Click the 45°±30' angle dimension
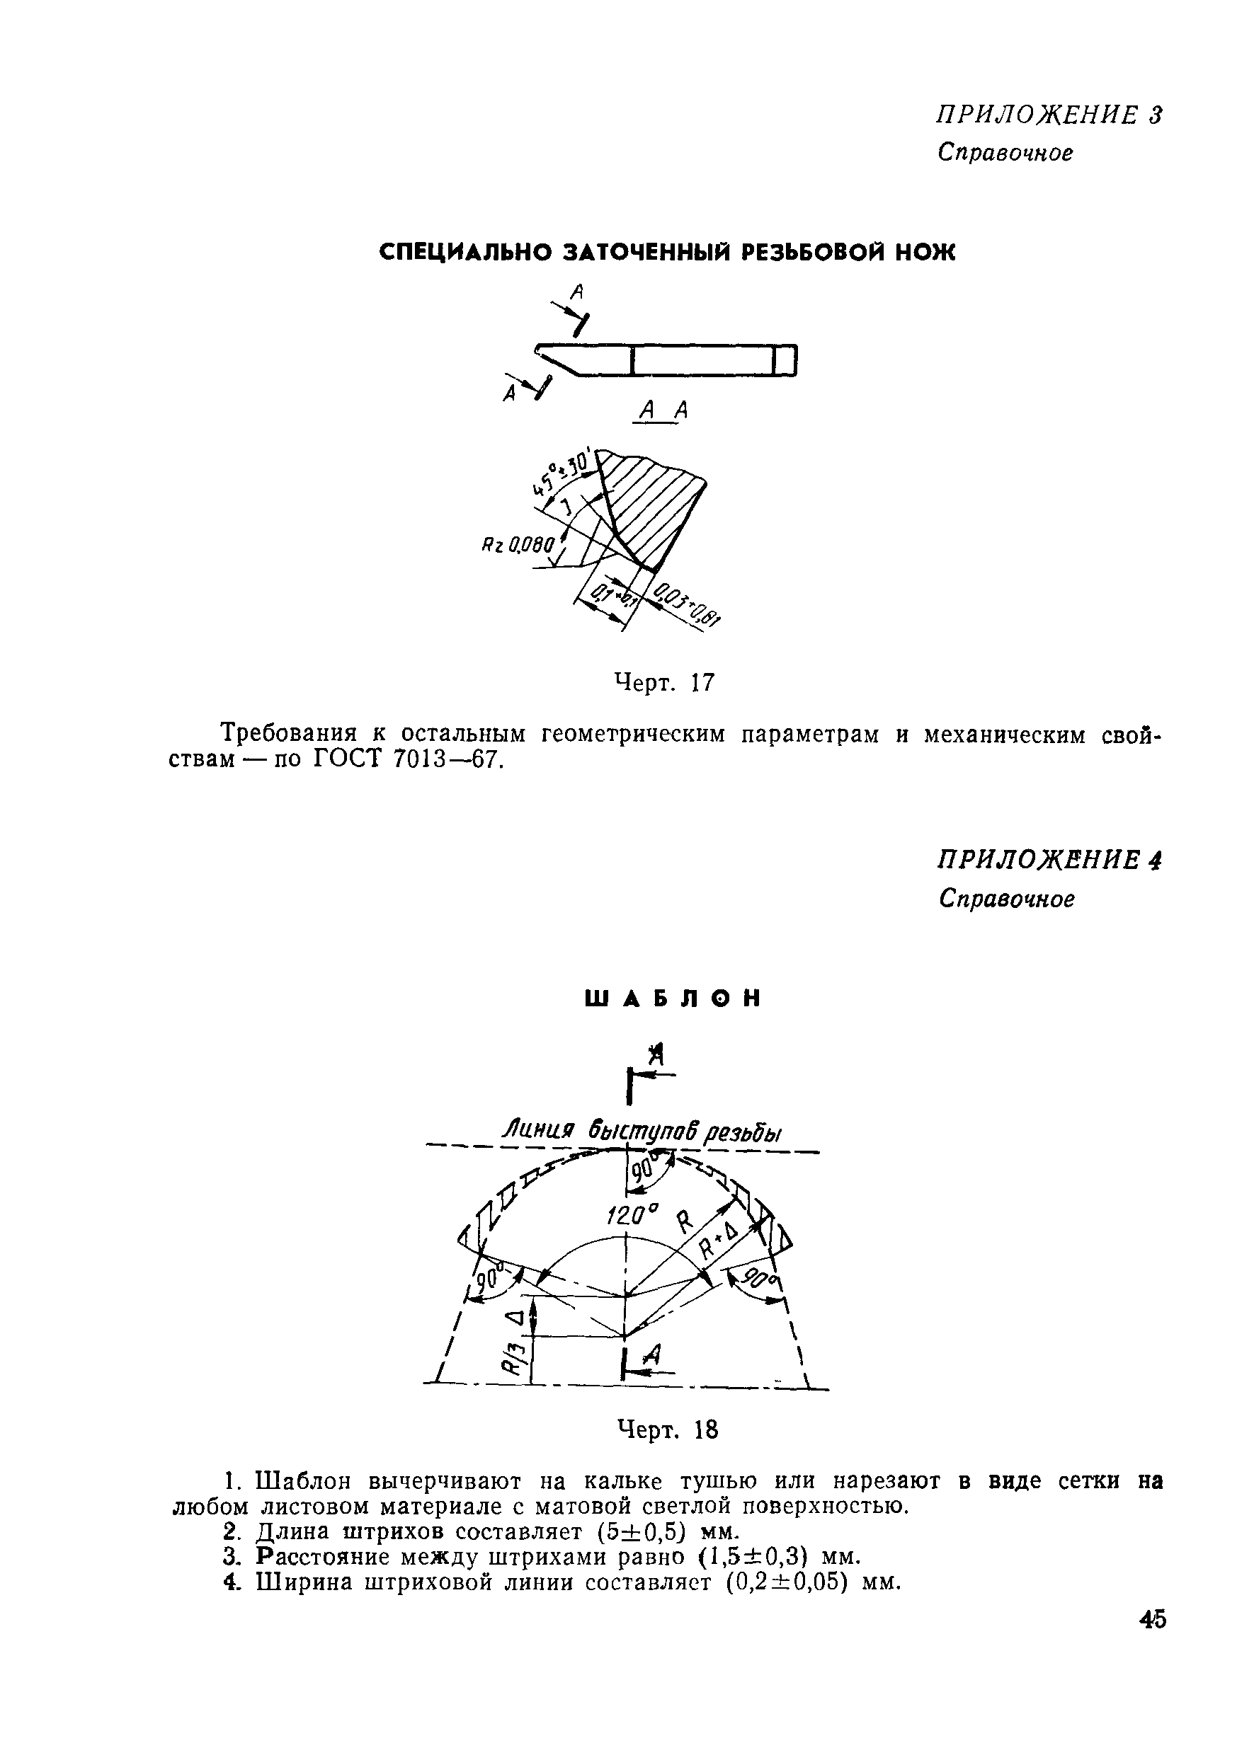click(563, 472)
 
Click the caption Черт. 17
click(664, 682)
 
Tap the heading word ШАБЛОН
click(673, 999)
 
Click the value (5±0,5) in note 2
click(642, 1531)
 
